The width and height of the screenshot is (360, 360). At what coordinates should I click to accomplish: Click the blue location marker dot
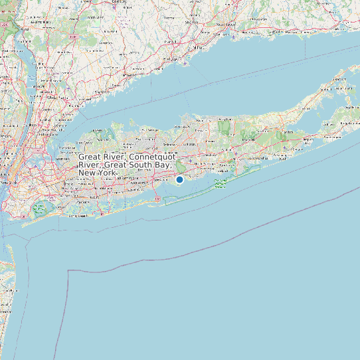point(179,179)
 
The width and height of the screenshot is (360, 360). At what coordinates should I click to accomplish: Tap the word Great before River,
point(91,157)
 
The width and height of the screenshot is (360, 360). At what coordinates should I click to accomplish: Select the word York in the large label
point(106,173)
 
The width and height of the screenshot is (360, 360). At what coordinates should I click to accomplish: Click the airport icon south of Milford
point(179,59)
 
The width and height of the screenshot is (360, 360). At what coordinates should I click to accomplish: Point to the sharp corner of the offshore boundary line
point(69,270)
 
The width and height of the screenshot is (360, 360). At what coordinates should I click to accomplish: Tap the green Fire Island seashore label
point(221,183)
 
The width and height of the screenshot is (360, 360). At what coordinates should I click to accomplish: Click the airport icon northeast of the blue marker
point(190,160)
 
